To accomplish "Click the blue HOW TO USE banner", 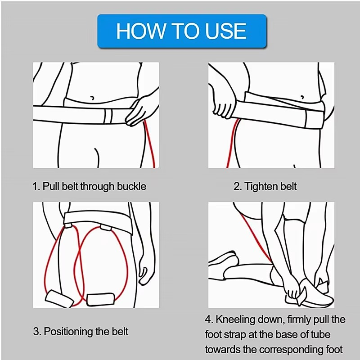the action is pos(182,31).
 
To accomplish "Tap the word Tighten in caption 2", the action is pos(259,186).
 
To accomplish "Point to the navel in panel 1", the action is pos(92,98).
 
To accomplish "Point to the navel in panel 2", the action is pos(302,97).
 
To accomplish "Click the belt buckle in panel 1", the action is pos(108,117).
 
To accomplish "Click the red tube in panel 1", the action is pos(150,144).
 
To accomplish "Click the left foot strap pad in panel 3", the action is pos(59,299).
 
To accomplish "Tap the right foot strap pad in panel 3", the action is pos(101,299).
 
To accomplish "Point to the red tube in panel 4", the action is pos(255,237).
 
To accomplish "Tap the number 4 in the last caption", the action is pos(208,320).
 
